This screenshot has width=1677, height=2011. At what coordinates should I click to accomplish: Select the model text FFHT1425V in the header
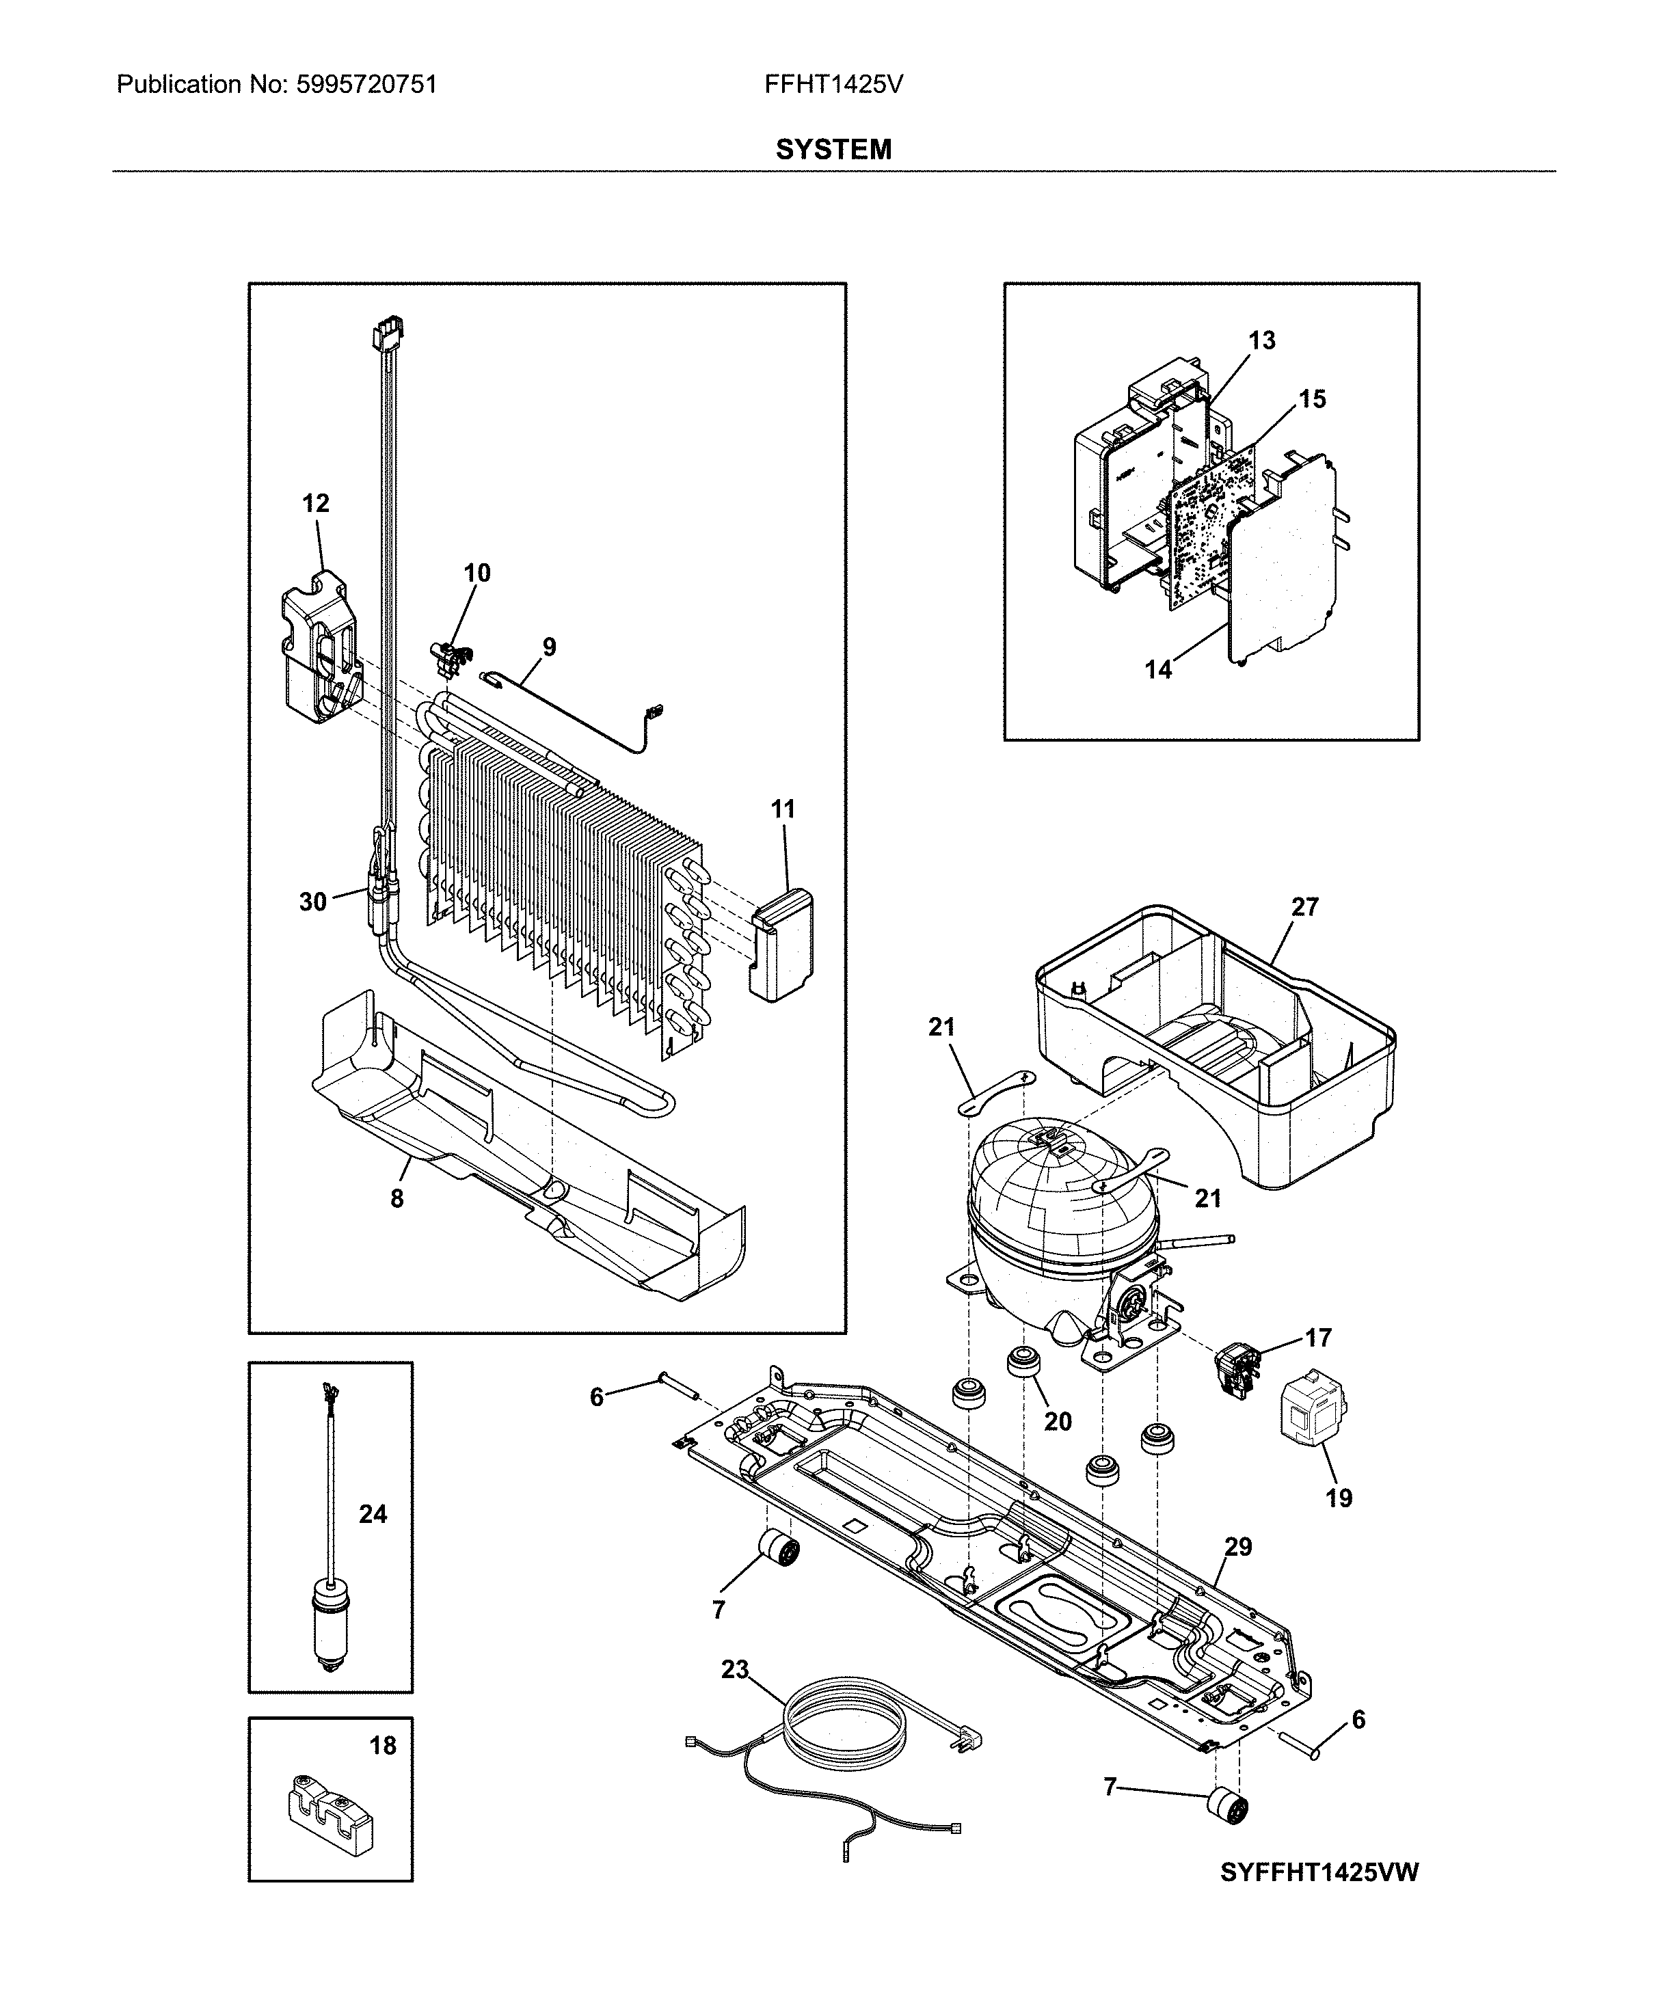pos(833,85)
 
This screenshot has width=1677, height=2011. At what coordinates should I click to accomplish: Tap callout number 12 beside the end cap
pos(315,503)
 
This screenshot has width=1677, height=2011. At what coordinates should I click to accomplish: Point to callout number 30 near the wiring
pos(312,901)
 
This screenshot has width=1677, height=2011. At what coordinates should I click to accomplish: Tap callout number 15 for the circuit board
pos(1312,399)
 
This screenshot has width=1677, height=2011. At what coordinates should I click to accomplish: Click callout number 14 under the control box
pos(1158,669)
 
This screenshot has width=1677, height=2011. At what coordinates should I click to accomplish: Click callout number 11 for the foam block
pos(783,809)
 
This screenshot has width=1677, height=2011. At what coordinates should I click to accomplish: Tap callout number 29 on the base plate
pos(1237,1547)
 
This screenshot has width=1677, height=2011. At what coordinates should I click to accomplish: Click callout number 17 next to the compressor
pos(1318,1337)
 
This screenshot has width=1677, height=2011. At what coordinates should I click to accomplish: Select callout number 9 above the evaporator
pos(549,647)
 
